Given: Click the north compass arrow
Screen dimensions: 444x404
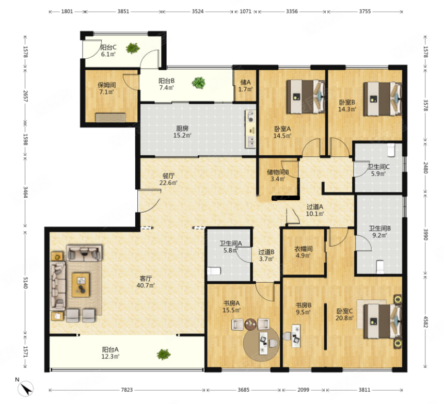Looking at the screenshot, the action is pos(26,389).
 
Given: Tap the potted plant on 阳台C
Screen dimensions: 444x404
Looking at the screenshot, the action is pos(133,48).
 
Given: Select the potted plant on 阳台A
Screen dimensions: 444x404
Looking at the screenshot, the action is pos(164,354).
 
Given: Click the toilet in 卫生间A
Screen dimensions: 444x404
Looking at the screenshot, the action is pos(214,271).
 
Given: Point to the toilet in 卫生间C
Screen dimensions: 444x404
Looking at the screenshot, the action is pos(391,150).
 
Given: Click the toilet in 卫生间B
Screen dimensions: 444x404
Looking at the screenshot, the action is pos(380,267).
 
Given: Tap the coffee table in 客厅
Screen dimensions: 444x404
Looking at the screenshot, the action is pos(81,285).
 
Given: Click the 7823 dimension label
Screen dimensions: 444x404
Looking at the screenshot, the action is pos(127,390).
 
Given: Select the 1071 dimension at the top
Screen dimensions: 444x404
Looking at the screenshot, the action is pos(246,11).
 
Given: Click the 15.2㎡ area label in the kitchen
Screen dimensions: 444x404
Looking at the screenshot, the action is pos(182,136).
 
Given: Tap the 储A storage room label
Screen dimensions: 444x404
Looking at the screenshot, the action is pos(246,83).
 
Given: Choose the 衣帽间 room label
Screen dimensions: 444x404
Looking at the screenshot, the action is pos(303,249).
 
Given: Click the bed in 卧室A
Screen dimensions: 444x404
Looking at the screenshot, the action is pos(306,97).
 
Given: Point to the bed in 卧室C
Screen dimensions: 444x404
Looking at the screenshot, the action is pos(383,321).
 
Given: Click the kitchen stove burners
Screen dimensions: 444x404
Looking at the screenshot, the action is pos(250,116).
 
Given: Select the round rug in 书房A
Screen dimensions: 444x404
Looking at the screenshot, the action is pos(261,344).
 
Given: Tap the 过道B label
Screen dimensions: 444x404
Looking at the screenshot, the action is pos(266,252).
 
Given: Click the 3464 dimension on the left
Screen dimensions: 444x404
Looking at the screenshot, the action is pos(25,192).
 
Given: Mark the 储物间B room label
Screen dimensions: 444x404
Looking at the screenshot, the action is pos(278,172).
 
